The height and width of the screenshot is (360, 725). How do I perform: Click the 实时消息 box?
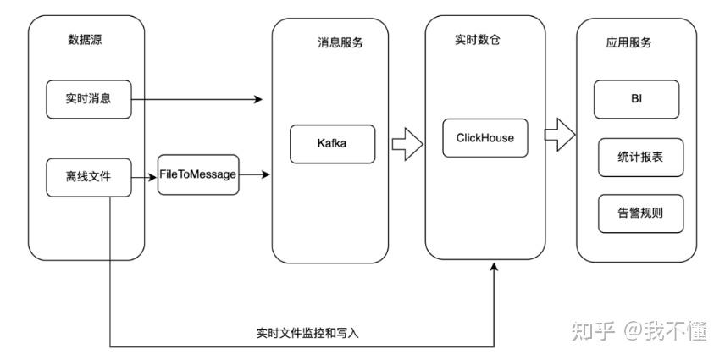click(89, 100)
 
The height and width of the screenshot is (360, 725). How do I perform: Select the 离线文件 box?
click(89, 177)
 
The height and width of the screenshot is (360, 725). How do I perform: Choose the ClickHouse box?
click(484, 137)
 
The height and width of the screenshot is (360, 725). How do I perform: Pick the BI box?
click(636, 99)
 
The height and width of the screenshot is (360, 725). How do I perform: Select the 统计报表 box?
click(641, 157)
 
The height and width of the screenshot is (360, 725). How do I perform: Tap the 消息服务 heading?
click(335, 43)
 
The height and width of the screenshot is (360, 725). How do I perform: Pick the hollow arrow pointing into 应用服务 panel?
click(559, 135)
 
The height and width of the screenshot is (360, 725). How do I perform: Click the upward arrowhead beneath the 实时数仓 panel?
click(495, 268)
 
